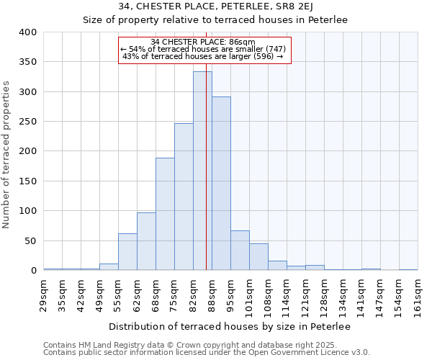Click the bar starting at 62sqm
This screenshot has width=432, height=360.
click(146, 241)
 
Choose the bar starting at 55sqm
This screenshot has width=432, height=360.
click(127, 252)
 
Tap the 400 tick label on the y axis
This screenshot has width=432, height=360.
click(27, 32)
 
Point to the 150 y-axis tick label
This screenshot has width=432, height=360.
click(27, 181)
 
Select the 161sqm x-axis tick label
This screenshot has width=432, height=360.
click(418, 296)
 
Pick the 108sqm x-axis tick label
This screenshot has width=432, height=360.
click(268, 296)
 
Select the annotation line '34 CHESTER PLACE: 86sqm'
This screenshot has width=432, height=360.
click(204, 42)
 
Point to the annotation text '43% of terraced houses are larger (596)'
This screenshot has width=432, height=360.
click(203, 56)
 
